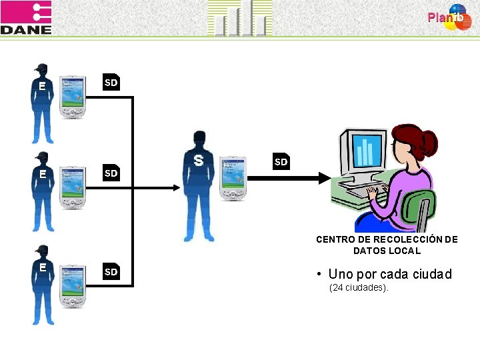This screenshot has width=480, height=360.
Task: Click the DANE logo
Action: click(x=26, y=18)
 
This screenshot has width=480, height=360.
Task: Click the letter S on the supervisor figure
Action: click(x=198, y=160)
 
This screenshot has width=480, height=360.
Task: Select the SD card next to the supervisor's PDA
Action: click(x=281, y=162)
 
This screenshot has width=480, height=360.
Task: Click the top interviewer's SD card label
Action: click(x=111, y=83)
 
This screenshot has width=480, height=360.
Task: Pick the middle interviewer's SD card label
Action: click(x=111, y=173)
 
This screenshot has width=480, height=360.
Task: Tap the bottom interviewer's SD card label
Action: click(x=111, y=271)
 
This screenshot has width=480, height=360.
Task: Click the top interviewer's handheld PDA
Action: click(x=73, y=97)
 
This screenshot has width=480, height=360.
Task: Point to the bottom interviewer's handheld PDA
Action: click(x=73, y=285)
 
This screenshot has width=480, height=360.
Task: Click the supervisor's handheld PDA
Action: click(x=233, y=177)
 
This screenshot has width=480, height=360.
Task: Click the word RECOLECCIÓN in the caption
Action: click(x=405, y=239)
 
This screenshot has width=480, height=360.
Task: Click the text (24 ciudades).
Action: click(x=359, y=287)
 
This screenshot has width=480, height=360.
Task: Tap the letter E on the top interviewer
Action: click(x=42, y=86)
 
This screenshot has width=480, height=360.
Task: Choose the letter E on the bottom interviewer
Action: click(x=42, y=267)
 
